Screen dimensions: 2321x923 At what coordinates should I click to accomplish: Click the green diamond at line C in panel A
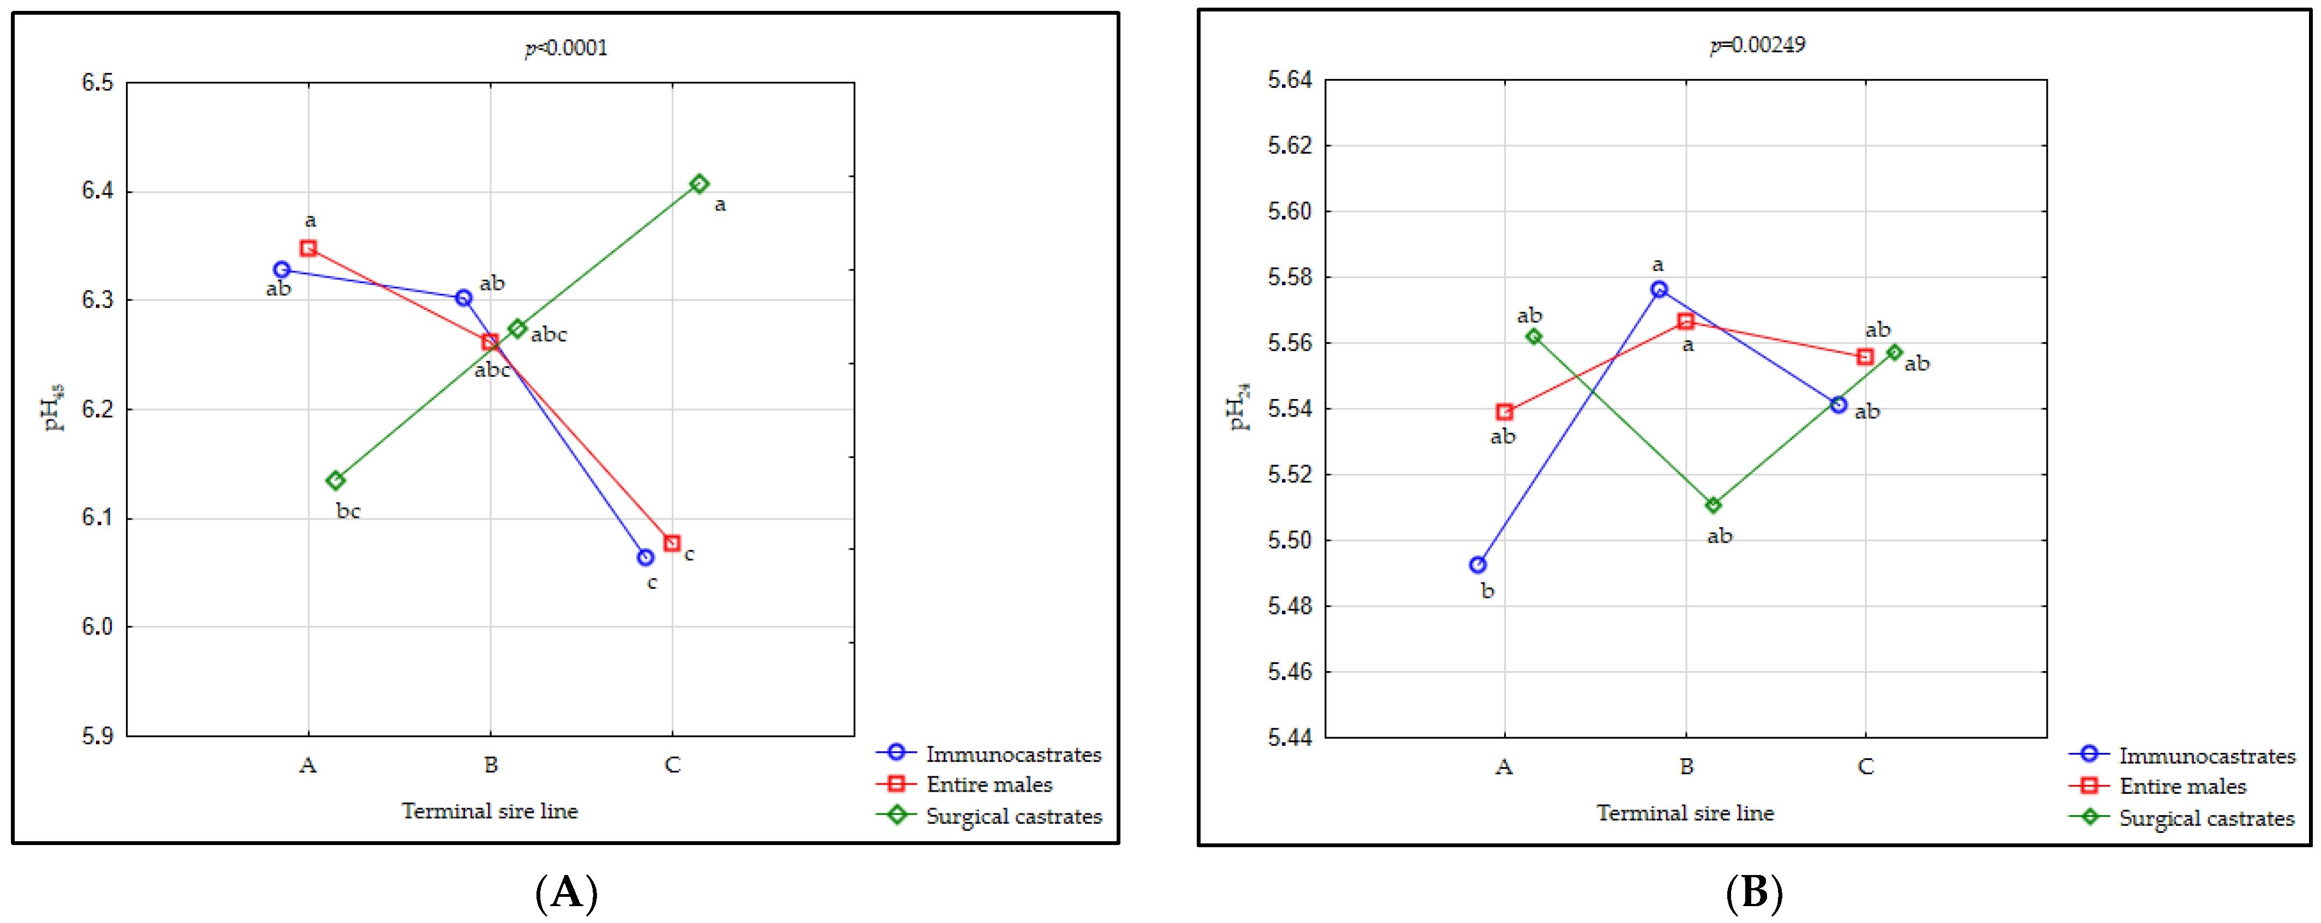point(699,184)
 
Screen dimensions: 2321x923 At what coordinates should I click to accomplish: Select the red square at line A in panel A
point(308,248)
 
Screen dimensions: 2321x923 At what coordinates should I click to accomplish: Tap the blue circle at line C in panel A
point(645,557)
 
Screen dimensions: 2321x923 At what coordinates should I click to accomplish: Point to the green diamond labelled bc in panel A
point(335,480)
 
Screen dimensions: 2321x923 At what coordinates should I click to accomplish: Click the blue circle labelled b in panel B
point(1478,565)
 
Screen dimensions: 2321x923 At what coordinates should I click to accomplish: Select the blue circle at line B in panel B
point(1659,289)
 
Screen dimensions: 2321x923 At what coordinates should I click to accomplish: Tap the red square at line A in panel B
point(1504,412)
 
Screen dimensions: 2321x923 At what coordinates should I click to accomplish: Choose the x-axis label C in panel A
point(672,764)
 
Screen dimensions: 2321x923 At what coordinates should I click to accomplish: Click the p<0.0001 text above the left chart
point(566,48)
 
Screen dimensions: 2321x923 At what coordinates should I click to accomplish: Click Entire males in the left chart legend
point(990,784)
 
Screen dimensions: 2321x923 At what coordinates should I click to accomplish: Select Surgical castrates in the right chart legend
point(2207,818)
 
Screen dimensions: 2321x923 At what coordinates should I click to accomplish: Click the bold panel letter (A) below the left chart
point(566,892)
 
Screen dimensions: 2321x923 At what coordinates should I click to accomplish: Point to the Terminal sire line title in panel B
point(1685,812)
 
